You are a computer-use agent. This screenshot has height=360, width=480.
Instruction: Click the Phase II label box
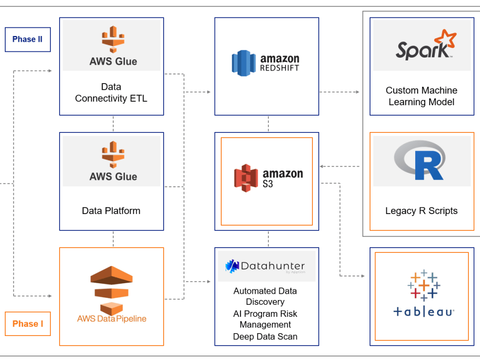click(27, 39)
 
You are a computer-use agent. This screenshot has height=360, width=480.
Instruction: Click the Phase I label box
click(27, 324)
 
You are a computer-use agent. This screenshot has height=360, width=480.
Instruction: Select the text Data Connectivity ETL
click(111, 93)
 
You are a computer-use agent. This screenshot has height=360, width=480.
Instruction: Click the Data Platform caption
click(111, 211)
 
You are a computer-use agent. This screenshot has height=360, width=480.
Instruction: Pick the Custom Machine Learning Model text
click(421, 96)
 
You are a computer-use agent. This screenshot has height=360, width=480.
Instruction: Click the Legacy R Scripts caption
click(421, 211)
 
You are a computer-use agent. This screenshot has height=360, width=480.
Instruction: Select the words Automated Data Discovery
click(265, 296)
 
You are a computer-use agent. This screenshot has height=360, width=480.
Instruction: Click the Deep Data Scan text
click(265, 336)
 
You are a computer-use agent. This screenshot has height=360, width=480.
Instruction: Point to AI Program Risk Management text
click(265, 319)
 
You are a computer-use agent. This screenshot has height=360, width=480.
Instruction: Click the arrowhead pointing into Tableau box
click(362, 276)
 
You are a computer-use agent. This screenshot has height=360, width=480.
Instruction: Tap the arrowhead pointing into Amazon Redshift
click(208, 92)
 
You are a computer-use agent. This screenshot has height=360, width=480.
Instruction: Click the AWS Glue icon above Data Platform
click(113, 155)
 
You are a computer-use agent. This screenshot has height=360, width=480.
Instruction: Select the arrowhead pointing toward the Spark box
click(358, 92)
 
